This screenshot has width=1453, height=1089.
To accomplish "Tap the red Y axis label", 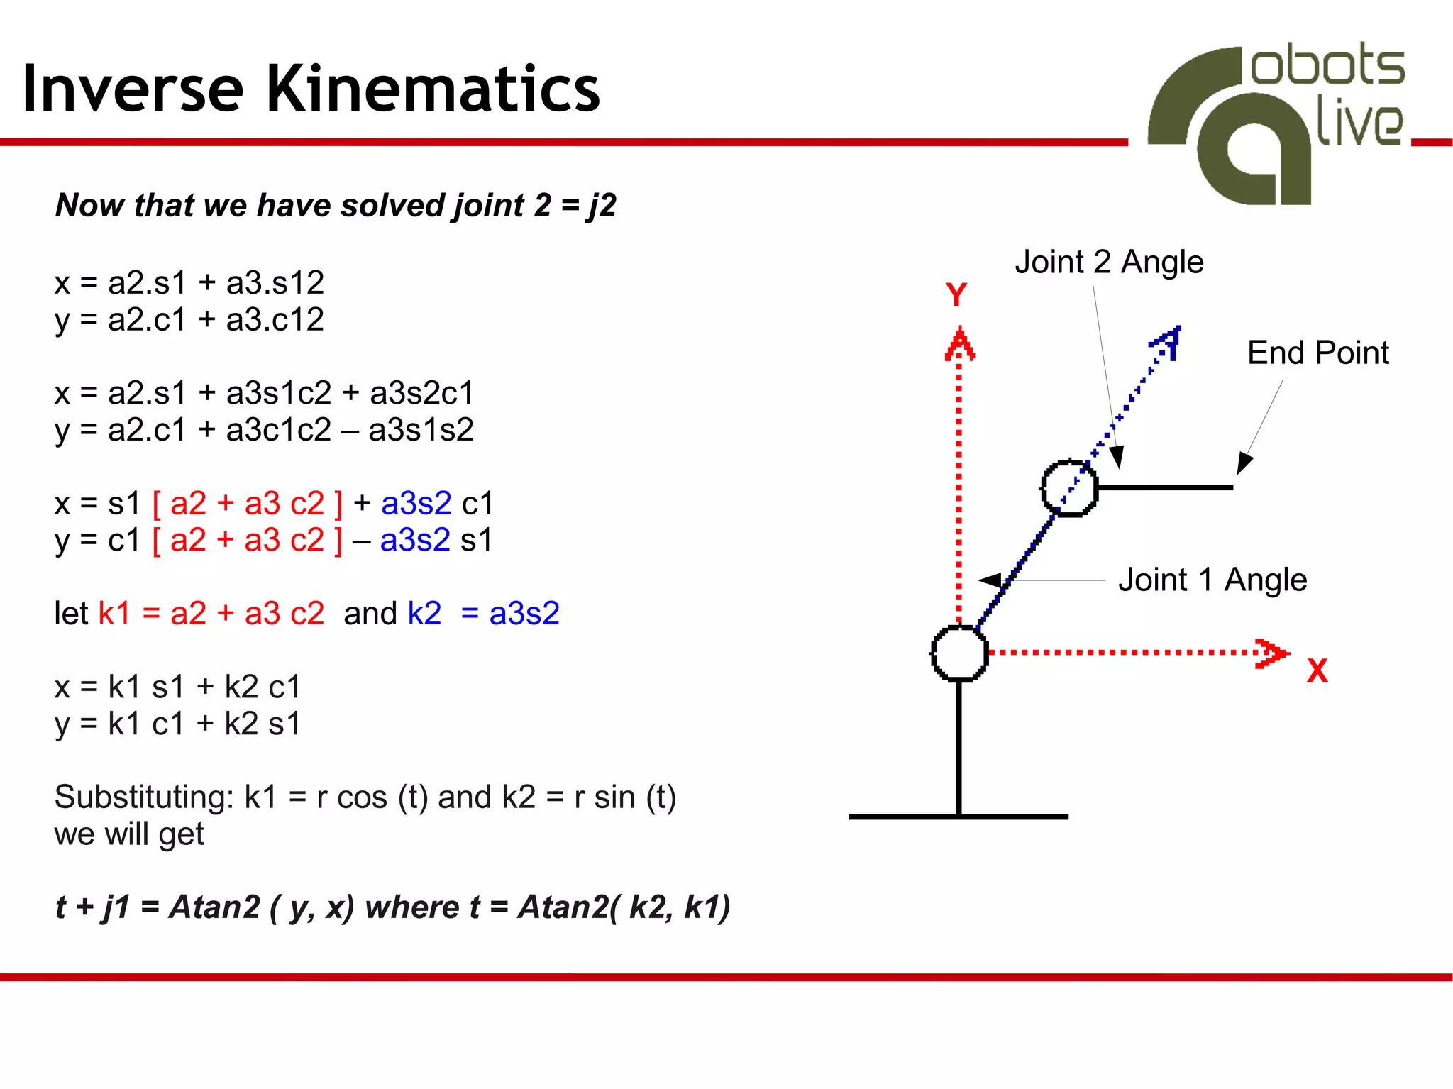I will (x=956, y=294).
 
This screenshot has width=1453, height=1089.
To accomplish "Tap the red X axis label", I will (x=1317, y=670).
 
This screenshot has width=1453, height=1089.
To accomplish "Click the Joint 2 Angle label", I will (x=1109, y=262).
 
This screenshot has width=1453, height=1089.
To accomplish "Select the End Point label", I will (x=1317, y=353).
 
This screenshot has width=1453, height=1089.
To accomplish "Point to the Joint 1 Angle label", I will (x=1212, y=580).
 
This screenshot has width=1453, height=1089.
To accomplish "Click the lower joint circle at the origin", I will (x=959, y=653).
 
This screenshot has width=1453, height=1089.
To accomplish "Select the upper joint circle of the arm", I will (x=1069, y=487).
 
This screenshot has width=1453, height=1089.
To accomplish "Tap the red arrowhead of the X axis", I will (x=1271, y=653).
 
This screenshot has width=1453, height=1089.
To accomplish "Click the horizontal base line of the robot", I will (x=958, y=817).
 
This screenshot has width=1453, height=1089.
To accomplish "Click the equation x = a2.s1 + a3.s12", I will (x=189, y=282).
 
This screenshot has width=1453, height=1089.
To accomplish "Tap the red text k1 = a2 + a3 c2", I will (x=211, y=613).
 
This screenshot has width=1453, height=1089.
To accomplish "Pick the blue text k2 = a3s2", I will (x=483, y=613).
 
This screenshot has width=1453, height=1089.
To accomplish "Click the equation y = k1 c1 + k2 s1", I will (x=177, y=724).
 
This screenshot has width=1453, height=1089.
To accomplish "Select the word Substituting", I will (x=144, y=797).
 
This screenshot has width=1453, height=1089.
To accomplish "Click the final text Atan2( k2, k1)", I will (x=624, y=907).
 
